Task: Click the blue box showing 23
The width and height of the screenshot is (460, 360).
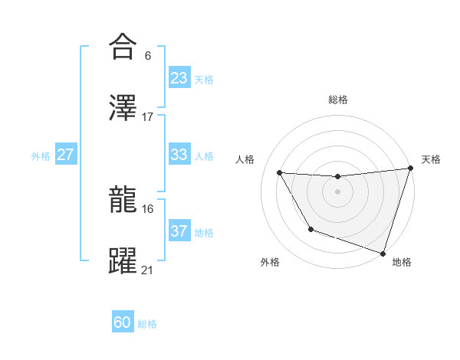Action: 179,77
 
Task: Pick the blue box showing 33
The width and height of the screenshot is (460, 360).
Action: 179,155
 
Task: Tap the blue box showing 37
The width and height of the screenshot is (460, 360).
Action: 179,231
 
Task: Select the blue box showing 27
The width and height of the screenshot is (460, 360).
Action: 66,155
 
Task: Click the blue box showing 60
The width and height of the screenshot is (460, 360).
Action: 123,322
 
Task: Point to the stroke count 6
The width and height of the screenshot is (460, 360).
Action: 147,56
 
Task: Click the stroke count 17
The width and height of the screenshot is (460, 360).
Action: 148,116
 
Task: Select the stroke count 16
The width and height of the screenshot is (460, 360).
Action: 148,208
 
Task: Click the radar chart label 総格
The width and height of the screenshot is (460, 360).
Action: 338,100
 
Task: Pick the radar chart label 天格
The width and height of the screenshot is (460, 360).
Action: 431,159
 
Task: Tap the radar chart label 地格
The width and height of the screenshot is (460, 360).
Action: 402,262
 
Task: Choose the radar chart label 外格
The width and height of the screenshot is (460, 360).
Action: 270,262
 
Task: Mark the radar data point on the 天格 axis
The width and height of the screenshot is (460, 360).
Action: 411,169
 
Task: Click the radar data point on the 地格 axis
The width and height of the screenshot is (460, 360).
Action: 383,253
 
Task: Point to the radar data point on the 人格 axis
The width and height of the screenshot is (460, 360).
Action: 280,173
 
